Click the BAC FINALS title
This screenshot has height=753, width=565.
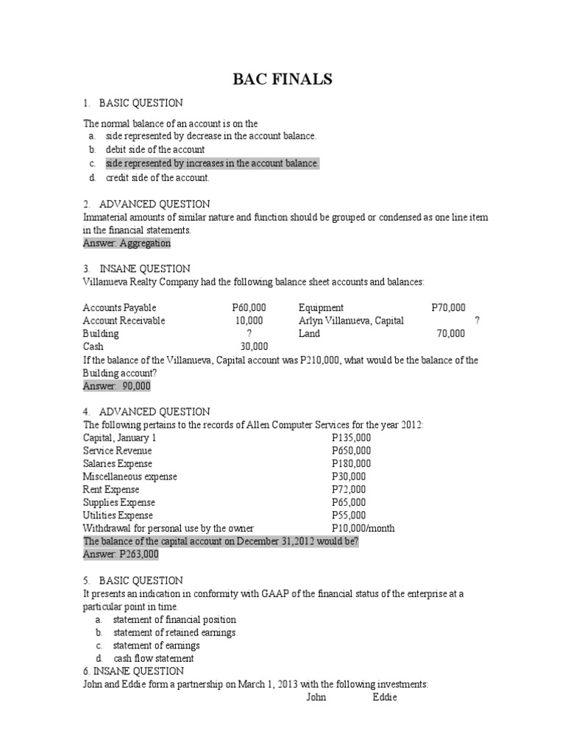(282, 79)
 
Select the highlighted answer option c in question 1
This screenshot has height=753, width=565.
(212, 163)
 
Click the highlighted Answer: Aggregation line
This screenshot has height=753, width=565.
(127, 243)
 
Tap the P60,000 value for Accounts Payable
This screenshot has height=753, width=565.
(249, 307)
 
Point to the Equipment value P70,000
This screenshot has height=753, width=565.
(448, 307)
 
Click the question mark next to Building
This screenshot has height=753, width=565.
(249, 333)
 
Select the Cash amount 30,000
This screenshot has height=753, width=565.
(255, 346)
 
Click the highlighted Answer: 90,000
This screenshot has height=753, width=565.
(117, 385)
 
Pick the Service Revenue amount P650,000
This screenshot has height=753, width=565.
(351, 451)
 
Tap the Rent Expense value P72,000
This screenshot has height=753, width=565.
(348, 489)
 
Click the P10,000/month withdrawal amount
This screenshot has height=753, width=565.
(363, 528)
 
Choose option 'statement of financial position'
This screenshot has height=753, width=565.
(174, 619)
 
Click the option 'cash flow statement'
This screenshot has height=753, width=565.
(154, 658)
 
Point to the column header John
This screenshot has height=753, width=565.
(318, 697)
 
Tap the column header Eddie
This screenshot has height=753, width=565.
(385, 697)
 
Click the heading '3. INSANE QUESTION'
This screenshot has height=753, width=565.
(136, 268)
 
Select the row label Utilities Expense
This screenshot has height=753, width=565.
(118, 515)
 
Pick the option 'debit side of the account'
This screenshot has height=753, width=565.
(155, 149)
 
